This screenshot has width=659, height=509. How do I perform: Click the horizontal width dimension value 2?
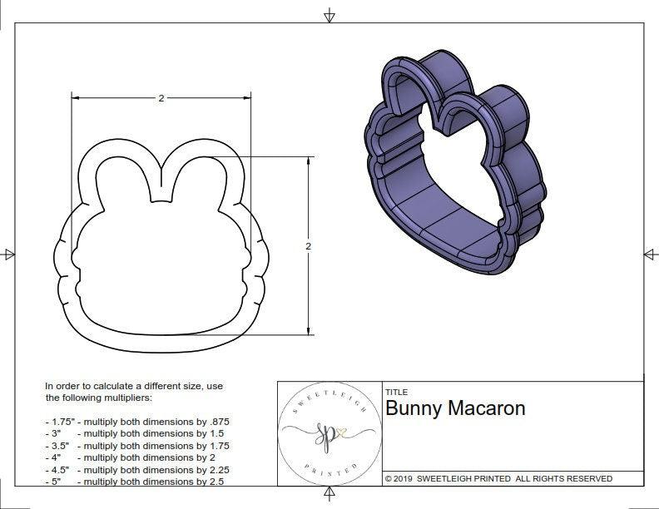[161, 98]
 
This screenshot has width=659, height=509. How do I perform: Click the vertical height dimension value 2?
[308, 246]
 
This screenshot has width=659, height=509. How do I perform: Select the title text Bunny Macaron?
[455, 409]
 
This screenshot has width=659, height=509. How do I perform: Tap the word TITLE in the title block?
[396, 392]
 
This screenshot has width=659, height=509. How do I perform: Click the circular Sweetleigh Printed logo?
[329, 433]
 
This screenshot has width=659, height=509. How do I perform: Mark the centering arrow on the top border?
[329, 15]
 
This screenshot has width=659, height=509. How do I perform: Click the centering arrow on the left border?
[9, 254]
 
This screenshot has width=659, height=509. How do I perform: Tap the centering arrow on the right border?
[650, 254]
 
